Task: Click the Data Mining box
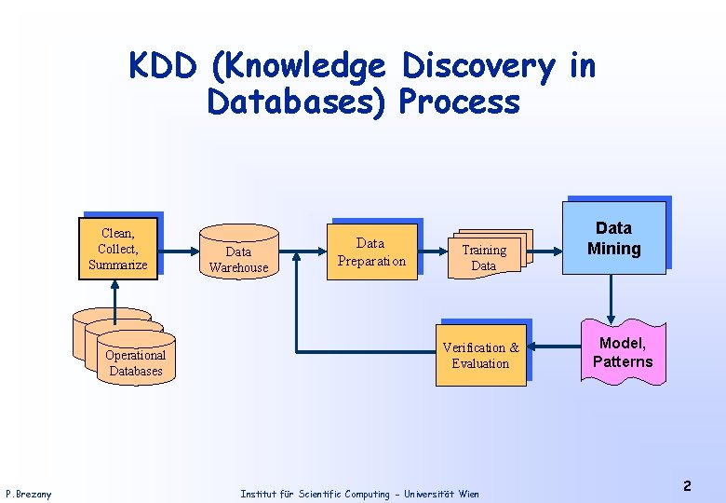click(x=613, y=238)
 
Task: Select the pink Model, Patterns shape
click(x=623, y=353)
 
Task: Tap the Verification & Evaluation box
click(x=480, y=355)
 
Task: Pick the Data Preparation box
click(x=371, y=251)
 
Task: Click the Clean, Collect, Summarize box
click(x=118, y=249)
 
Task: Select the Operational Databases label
click(x=135, y=362)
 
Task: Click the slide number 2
click(x=687, y=486)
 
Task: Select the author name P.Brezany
click(x=29, y=494)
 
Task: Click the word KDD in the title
click(x=164, y=66)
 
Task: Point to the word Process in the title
click(x=459, y=102)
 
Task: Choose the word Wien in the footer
click(x=468, y=494)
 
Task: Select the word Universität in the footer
click(x=426, y=494)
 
